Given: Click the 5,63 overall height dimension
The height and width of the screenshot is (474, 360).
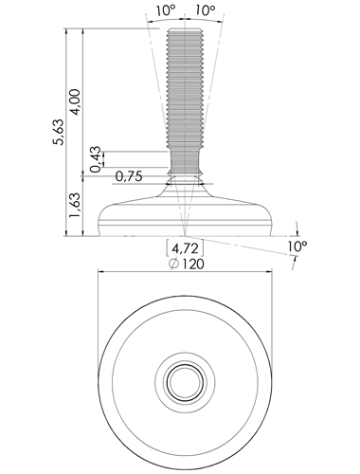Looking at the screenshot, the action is [59, 132].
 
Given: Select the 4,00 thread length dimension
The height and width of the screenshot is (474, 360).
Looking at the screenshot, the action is [76, 102].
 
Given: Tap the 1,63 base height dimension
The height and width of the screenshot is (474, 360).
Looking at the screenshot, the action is [76, 205].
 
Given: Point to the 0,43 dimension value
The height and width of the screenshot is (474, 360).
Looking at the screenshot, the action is [96, 159].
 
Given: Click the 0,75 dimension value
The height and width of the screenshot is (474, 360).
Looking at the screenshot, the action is [129, 176].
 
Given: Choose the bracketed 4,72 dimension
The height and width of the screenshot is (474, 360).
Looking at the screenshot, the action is [185, 248].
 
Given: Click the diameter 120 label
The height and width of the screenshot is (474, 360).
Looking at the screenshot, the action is [187, 264].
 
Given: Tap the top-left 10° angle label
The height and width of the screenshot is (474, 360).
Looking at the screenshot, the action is [166, 10].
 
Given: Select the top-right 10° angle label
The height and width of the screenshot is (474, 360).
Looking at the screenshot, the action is [205, 10].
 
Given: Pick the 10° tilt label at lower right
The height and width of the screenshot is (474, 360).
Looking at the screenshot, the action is [297, 246].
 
